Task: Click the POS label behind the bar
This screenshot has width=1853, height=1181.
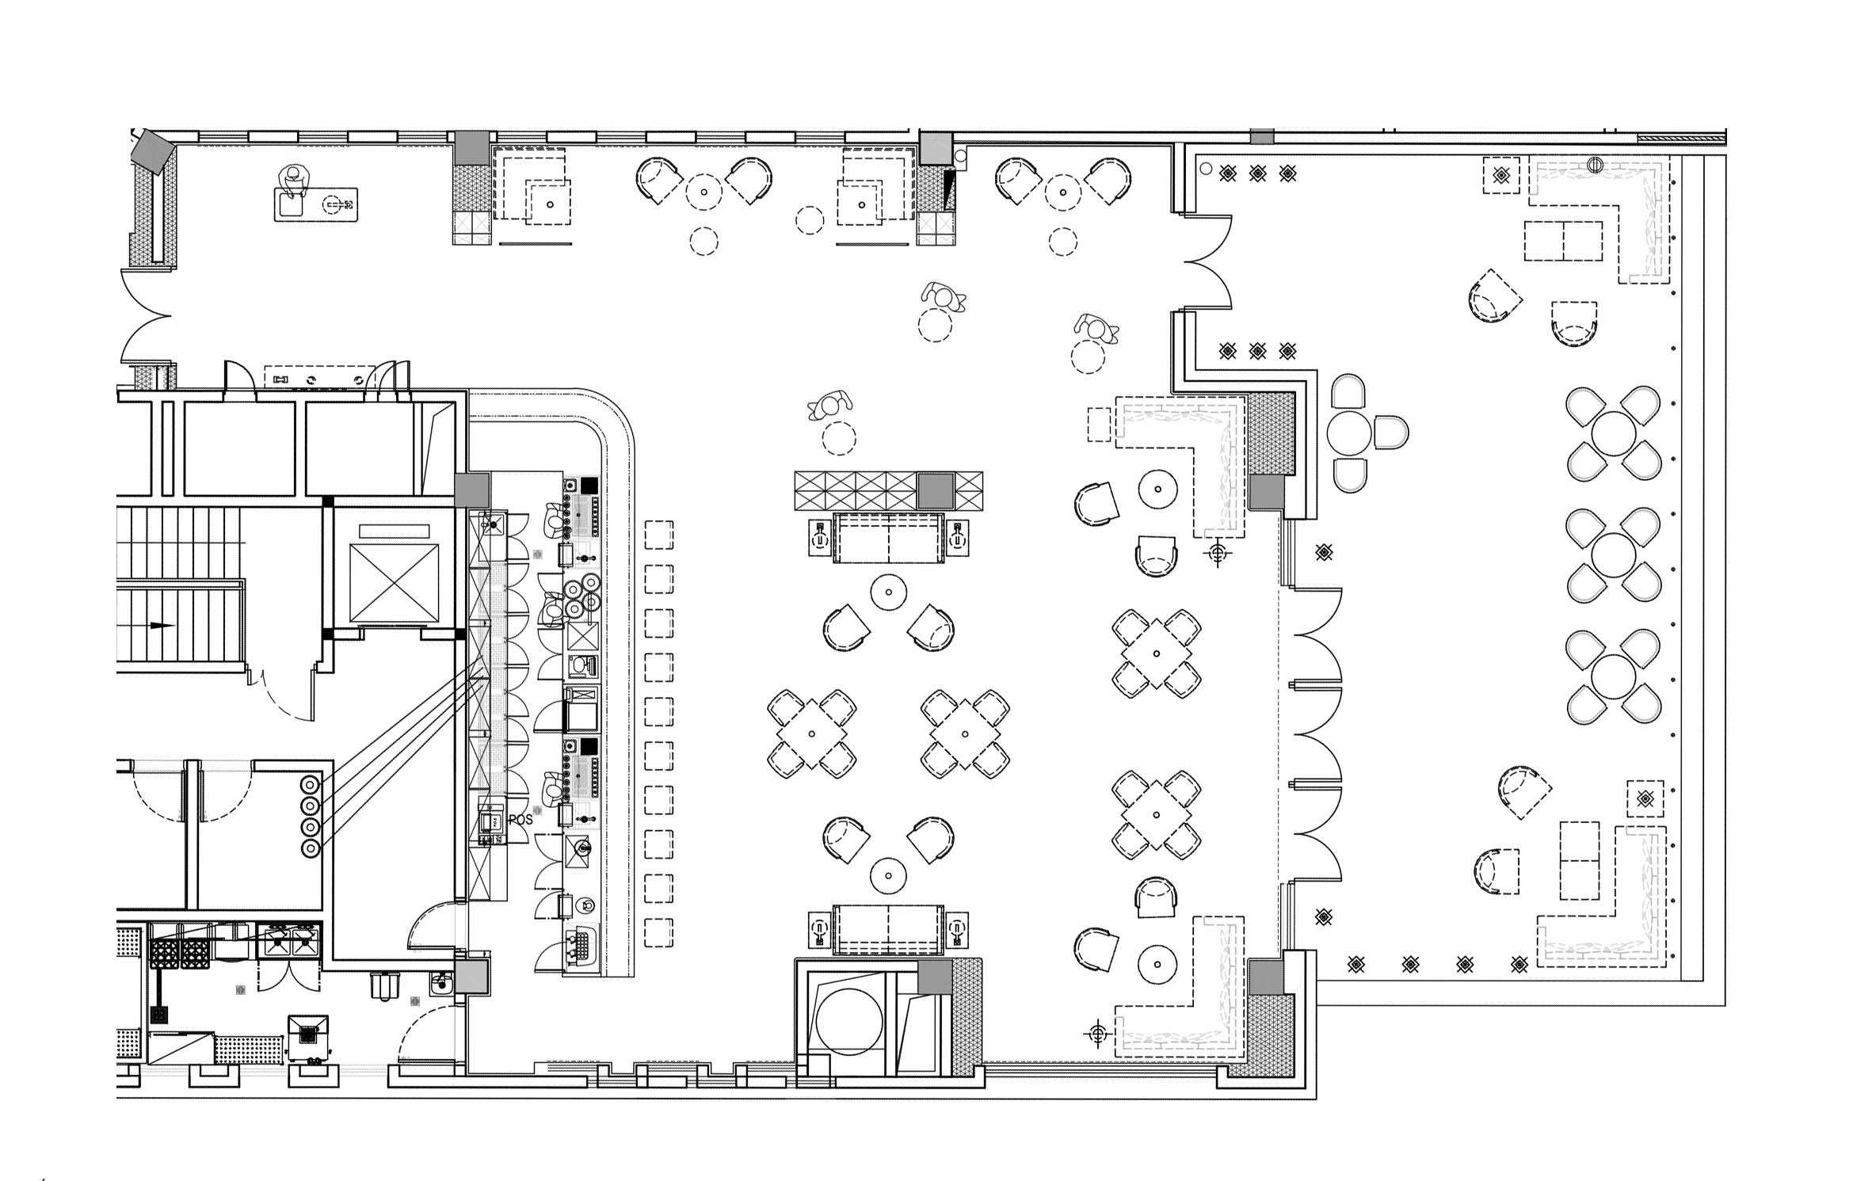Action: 520,820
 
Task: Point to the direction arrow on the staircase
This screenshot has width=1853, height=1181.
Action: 162,625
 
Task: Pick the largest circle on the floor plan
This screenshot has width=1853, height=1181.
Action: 848,1021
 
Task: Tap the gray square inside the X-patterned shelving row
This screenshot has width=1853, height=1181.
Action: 935,491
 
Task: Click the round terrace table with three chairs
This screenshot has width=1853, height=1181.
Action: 1349,433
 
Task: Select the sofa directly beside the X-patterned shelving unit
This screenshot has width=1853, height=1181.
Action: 888,538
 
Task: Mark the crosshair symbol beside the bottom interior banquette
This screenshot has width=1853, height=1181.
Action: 1097,1033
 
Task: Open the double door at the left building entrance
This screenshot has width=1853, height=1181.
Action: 147,316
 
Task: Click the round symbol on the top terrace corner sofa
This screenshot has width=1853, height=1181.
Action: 1595,165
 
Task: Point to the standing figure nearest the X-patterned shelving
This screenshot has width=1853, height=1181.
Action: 829,406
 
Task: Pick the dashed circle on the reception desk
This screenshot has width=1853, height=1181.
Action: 334,205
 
